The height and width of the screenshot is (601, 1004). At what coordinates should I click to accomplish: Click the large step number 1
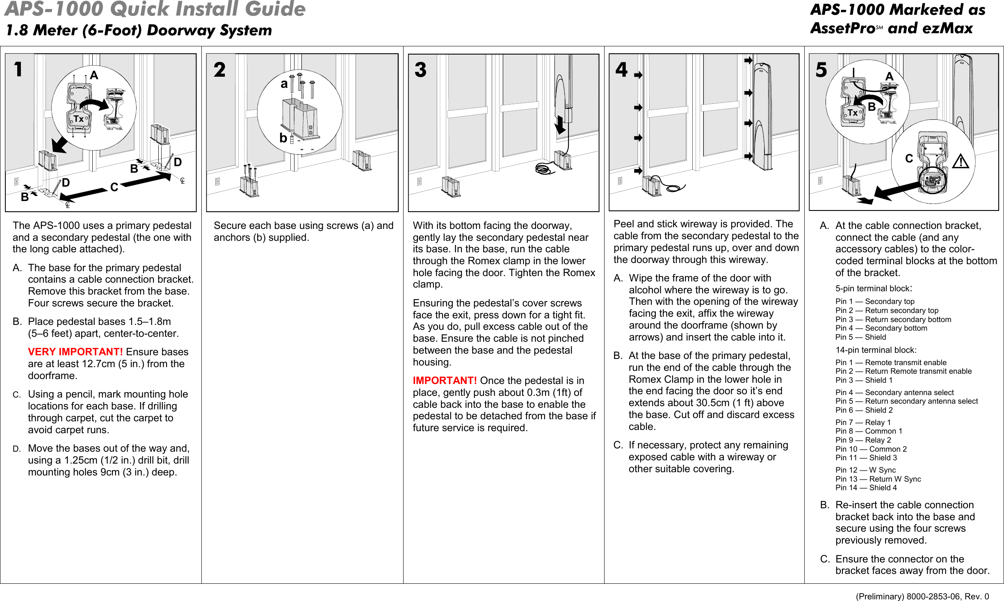[18, 69]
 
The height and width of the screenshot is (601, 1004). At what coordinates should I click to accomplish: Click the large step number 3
[420, 70]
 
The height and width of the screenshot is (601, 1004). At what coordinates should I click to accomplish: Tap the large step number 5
[821, 70]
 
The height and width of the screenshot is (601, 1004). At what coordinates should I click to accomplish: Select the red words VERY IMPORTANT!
[75, 352]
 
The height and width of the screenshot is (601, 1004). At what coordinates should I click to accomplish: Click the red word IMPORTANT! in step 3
[445, 381]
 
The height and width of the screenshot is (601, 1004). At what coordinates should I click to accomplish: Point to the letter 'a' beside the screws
[284, 84]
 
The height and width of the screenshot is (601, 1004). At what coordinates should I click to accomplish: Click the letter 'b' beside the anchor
[283, 138]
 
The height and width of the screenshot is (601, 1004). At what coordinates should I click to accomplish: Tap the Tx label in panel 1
[79, 119]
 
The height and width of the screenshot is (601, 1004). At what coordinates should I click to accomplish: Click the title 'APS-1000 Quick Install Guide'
[155, 9]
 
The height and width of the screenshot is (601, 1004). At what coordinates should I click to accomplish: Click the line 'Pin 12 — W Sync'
[865, 470]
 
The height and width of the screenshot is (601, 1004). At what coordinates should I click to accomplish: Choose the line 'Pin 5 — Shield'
[860, 337]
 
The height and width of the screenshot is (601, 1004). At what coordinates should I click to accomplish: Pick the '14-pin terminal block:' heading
[876, 350]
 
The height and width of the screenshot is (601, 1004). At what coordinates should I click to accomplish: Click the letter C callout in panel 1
[114, 187]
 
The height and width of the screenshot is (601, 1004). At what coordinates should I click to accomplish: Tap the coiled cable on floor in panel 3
[545, 168]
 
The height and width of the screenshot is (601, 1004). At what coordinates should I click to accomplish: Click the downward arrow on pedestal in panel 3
[560, 125]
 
